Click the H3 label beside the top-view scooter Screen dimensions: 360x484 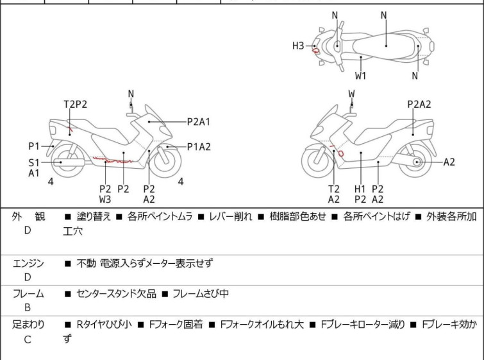click(298, 46)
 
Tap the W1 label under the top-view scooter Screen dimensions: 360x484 click(362, 76)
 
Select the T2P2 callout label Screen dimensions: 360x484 click(75, 104)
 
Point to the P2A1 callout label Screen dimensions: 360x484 click(199, 121)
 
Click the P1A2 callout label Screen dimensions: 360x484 click(199, 146)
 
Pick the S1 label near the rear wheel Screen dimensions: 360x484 click(34, 162)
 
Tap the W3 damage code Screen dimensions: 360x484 click(105, 199)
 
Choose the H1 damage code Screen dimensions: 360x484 click(360, 189)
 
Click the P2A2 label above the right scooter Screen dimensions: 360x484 click(419, 104)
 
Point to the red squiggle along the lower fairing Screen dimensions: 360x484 click(112, 160)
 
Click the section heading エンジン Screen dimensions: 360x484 click(29, 263)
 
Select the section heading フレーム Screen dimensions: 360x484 click(29, 294)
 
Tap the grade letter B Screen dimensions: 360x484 click(28, 307)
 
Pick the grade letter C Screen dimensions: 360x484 click(28, 339)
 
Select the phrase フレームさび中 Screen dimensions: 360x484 click(199, 294)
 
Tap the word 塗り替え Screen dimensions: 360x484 click(94, 217)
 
